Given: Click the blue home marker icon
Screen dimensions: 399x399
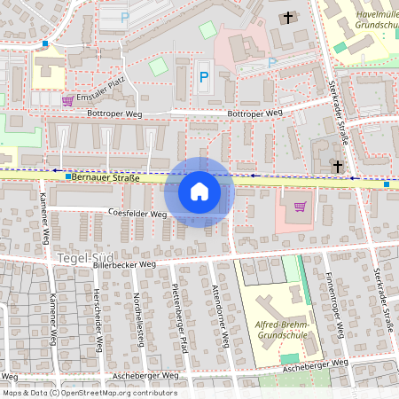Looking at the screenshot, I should [199, 191].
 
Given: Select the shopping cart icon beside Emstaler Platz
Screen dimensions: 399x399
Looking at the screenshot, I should [68, 99].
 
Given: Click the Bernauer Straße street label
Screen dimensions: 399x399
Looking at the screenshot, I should [107, 178].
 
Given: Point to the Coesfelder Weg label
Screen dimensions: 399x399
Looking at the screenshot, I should [137, 214].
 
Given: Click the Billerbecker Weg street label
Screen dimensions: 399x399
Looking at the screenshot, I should [125, 264].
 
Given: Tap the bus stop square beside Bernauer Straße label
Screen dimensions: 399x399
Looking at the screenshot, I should [67, 177].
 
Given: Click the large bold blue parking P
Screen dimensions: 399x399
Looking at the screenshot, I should [204, 77].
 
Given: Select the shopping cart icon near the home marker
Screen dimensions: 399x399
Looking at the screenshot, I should [299, 207].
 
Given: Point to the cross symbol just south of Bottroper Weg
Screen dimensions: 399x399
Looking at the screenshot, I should [337, 166].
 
